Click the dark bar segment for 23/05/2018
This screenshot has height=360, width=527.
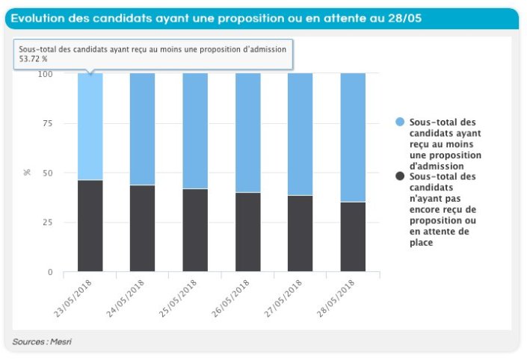point(90,226)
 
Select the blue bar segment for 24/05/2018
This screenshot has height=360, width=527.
point(143,128)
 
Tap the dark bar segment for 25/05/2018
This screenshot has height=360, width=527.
point(195,230)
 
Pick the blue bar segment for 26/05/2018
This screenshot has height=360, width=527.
point(248,132)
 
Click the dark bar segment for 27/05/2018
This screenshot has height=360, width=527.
point(301,233)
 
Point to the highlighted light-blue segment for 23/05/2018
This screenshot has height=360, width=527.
point(90,127)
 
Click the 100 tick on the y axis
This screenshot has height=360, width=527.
point(46,74)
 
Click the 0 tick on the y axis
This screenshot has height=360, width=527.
point(50,273)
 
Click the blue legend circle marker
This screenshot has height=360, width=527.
point(400,122)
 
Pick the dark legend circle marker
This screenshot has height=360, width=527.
point(400,176)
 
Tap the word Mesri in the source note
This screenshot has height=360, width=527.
point(61,341)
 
